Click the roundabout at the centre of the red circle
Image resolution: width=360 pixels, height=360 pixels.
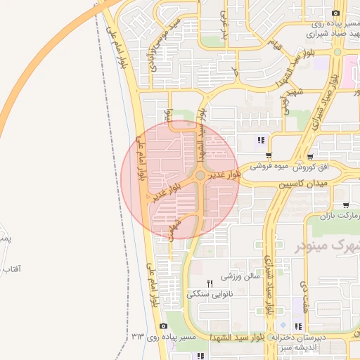pos(200,174)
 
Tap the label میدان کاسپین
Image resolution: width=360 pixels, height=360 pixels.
pos(303,184)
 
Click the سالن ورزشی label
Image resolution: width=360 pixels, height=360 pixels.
pos(241,276)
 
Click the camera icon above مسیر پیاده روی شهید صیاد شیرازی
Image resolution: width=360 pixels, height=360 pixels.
pos(337,13)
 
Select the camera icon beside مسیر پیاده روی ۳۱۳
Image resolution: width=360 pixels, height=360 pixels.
pos(163,326)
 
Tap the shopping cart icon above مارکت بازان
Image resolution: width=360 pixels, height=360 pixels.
pos(345,205)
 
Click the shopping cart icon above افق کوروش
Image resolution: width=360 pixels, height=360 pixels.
pos(310,157)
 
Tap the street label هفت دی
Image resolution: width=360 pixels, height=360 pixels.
pos(304,295)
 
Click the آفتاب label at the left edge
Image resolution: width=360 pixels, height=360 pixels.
pos(11,269)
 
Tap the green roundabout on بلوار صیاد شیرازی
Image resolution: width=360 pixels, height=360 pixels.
pos(337,51)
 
